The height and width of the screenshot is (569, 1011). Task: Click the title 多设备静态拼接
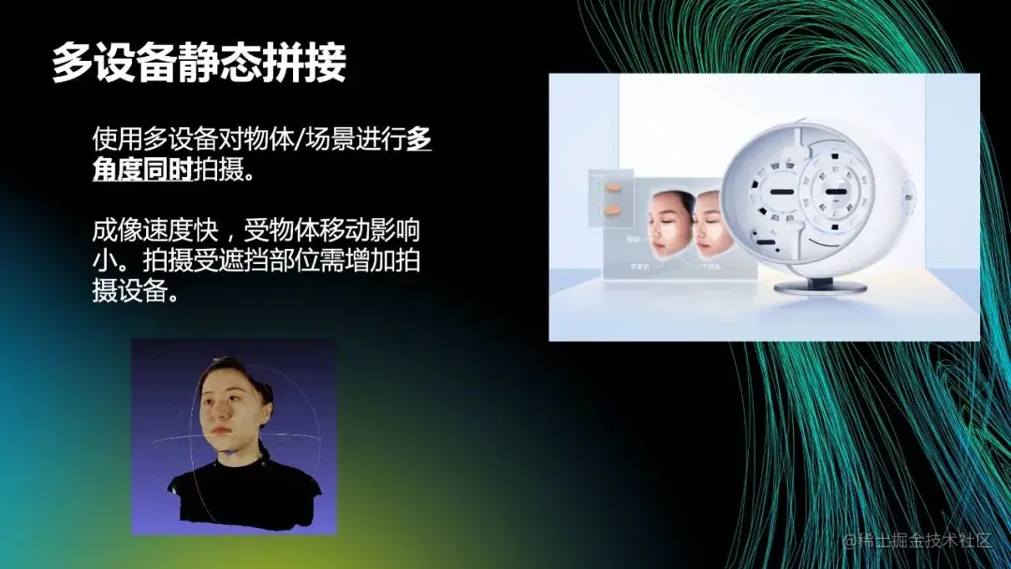tap(198, 63)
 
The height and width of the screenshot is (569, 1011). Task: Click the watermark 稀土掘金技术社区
tap(922, 540)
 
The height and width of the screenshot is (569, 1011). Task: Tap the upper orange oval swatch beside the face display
tap(613, 186)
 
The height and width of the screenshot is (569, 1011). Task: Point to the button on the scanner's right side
tap(909, 197)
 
